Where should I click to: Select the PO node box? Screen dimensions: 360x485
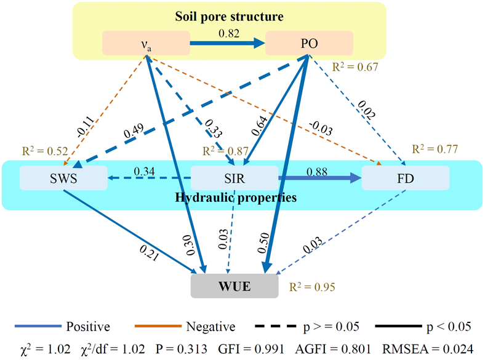click(x=309, y=43)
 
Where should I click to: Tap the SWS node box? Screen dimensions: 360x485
click(x=63, y=178)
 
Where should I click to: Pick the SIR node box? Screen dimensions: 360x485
click(x=234, y=178)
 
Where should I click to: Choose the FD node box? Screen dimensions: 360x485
click(x=405, y=178)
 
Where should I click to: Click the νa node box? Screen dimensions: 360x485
click(x=146, y=43)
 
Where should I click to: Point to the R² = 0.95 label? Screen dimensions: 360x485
click(x=313, y=287)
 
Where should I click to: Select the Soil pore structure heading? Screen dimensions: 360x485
click(x=228, y=15)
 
